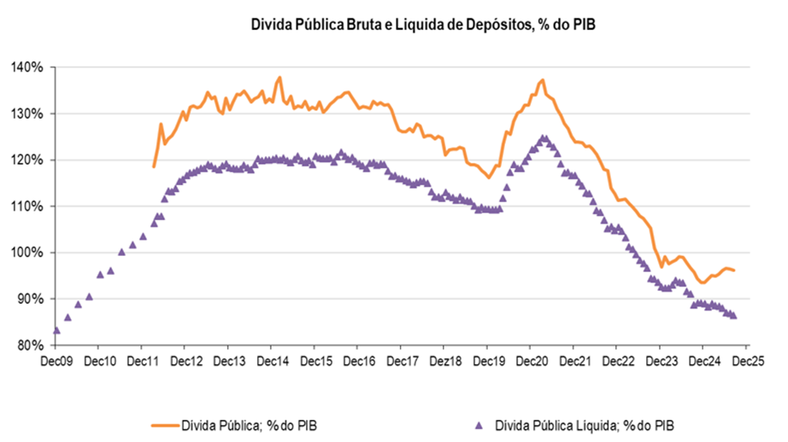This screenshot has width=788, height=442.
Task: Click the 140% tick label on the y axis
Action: [29, 67]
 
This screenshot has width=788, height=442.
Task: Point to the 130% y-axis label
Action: [29, 113]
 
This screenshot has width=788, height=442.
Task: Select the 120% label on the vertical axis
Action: [29, 160]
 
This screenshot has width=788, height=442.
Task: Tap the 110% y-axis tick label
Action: [29, 206]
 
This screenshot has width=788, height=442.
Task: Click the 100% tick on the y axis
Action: [29, 253]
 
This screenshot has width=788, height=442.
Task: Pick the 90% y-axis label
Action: [32, 299]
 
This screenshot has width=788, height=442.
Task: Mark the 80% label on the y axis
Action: [32, 346]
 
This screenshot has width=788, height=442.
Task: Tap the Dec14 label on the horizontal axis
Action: [271, 361]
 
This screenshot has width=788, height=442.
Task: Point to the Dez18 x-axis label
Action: [444, 361]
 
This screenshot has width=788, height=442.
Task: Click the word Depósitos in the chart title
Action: [491, 25]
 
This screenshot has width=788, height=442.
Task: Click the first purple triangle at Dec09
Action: [56, 330]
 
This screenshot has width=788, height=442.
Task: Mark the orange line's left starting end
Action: [154, 166]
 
